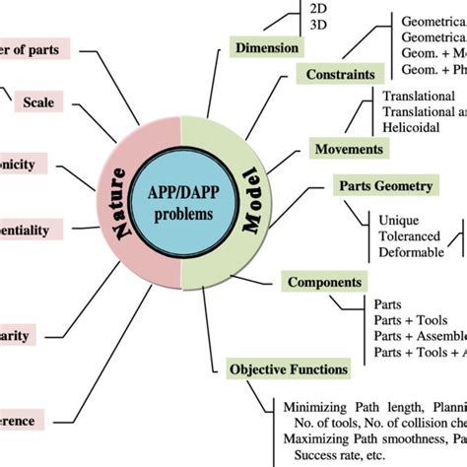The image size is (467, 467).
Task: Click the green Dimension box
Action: tap(267, 46)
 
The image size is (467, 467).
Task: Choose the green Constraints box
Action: tap(340, 74)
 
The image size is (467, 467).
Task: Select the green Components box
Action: tap(324, 283)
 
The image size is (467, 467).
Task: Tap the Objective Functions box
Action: tap(289, 369)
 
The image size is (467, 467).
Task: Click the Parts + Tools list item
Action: tap(405, 321)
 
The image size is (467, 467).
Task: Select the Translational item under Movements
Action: tap(418, 97)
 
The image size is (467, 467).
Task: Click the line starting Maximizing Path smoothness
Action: tap(374, 439)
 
